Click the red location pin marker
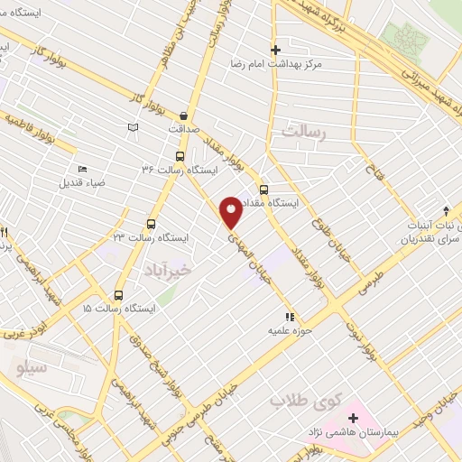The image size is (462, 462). (x=231, y=210)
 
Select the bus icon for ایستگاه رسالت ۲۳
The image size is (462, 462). (x=151, y=225)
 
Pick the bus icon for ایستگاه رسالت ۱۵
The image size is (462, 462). (x=118, y=295)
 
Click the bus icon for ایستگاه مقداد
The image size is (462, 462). (x=263, y=190)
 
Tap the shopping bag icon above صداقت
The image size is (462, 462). (x=184, y=115)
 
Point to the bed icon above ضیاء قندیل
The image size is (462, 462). (x=83, y=169)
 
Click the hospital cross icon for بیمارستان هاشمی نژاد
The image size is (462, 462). (x=353, y=417)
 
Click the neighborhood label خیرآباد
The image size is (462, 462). (x=169, y=270)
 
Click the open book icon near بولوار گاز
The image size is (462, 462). (x=134, y=127)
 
